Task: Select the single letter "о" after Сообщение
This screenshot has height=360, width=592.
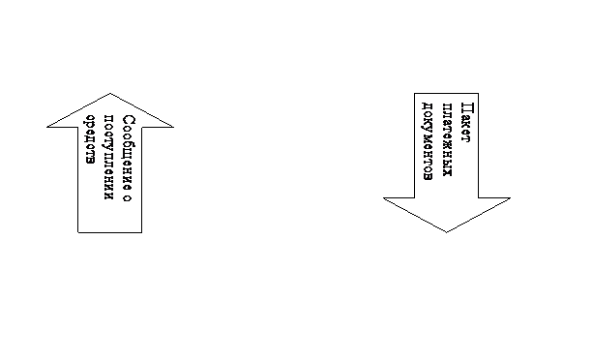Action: point(128,198)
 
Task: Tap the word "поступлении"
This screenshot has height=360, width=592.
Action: point(108,157)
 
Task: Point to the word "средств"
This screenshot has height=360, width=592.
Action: point(90,139)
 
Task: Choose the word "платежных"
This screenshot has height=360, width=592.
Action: point(447,139)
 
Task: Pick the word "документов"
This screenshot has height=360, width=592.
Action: point(427,141)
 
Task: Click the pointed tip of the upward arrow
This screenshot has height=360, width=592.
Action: point(110,93)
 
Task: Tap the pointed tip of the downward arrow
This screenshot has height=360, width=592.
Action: point(446,232)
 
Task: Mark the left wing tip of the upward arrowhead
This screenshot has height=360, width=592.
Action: point(47,127)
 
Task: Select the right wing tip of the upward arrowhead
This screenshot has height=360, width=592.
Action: point(173,127)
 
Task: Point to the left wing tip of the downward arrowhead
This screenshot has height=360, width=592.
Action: point(384,198)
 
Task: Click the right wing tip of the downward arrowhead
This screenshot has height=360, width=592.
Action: point(510,198)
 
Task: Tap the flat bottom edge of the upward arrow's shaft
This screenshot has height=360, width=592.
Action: point(110,232)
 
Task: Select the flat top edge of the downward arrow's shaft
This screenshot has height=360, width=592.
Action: point(446,93)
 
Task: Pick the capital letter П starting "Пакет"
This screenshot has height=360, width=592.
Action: point(467,107)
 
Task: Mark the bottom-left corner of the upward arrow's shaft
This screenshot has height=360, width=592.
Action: point(78,232)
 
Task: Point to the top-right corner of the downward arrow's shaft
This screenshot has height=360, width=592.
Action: point(479,93)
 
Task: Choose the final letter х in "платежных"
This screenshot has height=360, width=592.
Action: point(447,172)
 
